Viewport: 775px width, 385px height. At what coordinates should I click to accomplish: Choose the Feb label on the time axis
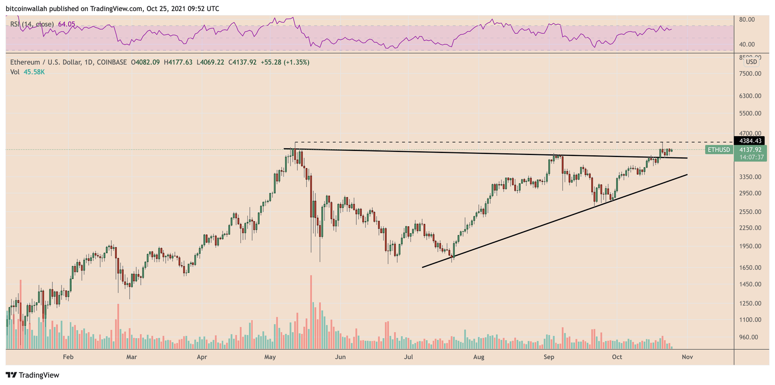68,357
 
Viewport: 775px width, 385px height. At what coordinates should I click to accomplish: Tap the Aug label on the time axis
479,357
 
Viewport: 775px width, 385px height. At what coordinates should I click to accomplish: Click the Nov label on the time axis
686,357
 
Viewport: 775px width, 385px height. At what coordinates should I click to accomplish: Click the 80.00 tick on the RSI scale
747,20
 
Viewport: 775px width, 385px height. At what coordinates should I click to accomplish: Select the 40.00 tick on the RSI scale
747,44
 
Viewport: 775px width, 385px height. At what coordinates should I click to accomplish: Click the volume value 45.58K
34,72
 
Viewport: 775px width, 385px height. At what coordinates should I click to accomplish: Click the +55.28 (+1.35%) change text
284,62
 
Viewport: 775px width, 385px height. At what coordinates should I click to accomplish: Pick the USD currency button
751,62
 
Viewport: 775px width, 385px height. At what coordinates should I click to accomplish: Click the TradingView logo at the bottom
32,375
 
